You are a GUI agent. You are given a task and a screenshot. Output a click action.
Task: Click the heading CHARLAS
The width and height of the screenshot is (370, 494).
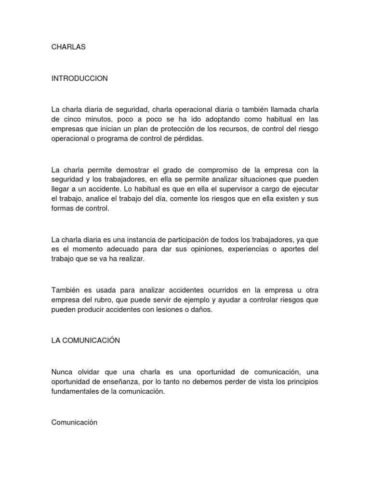tap(68, 47)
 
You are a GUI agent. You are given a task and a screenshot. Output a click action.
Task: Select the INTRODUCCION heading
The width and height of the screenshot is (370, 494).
tap(79, 79)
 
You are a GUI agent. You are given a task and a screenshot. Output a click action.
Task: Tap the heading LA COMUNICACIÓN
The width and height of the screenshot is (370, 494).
tap(85, 341)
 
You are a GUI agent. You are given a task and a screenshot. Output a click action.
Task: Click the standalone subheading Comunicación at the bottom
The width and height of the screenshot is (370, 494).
tap(74, 423)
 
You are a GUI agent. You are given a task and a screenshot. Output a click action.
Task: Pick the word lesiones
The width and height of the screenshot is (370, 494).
tap(174, 310)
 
